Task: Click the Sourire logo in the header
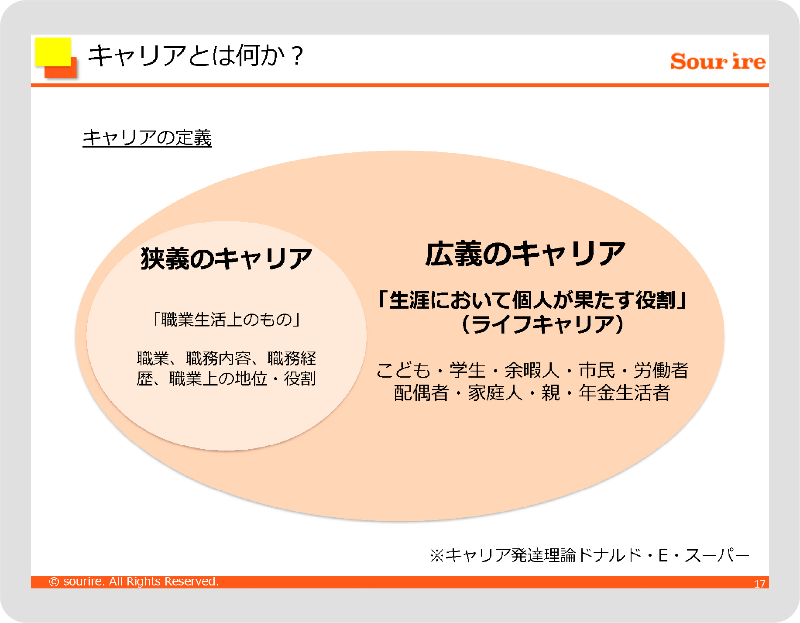coord(718,61)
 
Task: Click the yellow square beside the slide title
coord(53,52)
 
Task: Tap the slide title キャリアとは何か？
coord(195,56)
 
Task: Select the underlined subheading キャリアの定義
coord(147,138)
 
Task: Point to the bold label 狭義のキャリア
coord(227,258)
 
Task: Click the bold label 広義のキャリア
coord(525,254)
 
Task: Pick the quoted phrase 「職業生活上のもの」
coord(226,320)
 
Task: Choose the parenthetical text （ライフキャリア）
coord(542,324)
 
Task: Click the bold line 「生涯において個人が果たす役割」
coord(532,300)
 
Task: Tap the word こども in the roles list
coord(404,370)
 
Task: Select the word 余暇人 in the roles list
coord(532,370)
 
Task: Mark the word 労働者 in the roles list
coord(661,370)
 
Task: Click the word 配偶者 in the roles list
coord(421,392)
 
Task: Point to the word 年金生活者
coord(625,392)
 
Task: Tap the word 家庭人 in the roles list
coord(495,392)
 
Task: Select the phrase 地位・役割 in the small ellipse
coord(275,379)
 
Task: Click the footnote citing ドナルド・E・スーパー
coord(590,555)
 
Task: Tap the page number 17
coord(760,584)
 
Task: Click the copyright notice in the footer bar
coord(134,582)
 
